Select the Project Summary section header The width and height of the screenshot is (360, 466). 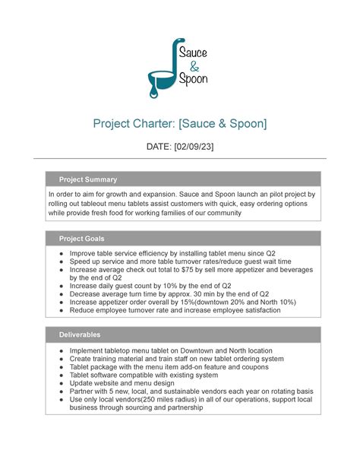(88, 179)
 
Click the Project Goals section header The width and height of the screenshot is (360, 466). (82, 238)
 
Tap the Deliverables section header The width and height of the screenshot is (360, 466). (81, 334)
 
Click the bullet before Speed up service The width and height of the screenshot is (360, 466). (61, 261)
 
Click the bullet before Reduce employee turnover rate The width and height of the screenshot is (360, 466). (61, 309)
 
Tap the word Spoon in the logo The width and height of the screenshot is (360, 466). (193, 79)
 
